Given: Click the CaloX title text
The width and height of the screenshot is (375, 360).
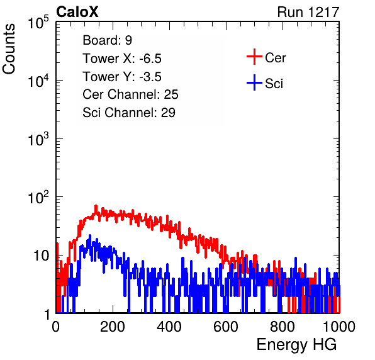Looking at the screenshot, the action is [77, 12].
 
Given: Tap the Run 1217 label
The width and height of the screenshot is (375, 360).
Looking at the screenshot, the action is [308, 12].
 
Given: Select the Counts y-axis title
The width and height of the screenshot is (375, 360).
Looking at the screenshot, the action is [9, 49].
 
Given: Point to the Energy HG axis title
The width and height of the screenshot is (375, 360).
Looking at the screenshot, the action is [296, 344].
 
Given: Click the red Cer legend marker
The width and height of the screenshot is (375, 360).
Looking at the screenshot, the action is [254, 57].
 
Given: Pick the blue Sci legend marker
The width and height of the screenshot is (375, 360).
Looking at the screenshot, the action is [254, 83].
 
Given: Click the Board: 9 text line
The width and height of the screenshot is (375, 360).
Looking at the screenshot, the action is [107, 40].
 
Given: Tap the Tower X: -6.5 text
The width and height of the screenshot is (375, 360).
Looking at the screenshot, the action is [122, 59].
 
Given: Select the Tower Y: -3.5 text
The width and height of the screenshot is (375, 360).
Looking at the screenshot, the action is [122, 77].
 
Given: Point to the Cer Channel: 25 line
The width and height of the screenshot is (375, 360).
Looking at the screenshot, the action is [130, 94].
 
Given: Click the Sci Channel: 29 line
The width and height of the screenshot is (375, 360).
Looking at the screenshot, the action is [129, 113].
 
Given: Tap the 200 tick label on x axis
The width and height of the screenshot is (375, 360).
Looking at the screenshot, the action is [113, 327].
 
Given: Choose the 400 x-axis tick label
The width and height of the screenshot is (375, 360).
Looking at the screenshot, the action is [169, 327].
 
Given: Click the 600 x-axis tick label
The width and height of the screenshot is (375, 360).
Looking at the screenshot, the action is [226, 327].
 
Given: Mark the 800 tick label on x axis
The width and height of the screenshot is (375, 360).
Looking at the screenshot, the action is [283, 327].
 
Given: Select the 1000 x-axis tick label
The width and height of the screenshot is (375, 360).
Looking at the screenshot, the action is [339, 327].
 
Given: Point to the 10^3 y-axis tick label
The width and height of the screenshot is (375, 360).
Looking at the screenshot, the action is [38, 138].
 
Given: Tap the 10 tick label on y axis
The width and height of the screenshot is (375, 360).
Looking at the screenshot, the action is [42, 256].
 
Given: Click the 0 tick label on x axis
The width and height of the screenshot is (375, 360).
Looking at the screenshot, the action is [56, 327].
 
